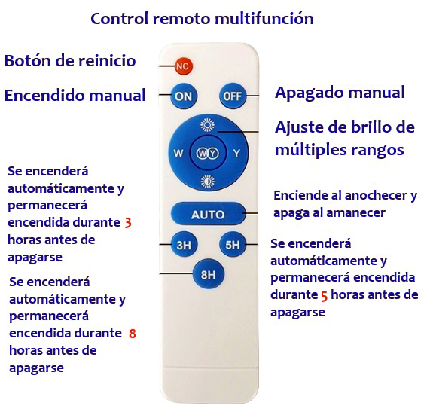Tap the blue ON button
click(x=183, y=96)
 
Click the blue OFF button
click(x=232, y=96)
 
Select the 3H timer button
click(x=184, y=245)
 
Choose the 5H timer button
click(x=233, y=245)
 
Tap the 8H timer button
click(x=209, y=274)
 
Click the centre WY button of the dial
click(x=208, y=153)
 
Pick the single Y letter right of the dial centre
click(x=236, y=154)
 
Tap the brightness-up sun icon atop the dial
click(x=208, y=125)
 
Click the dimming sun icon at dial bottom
click(x=208, y=182)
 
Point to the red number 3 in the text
click(x=128, y=223)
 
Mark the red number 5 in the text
click(x=324, y=296)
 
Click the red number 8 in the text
click(x=133, y=334)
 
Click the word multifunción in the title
click(x=264, y=19)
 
